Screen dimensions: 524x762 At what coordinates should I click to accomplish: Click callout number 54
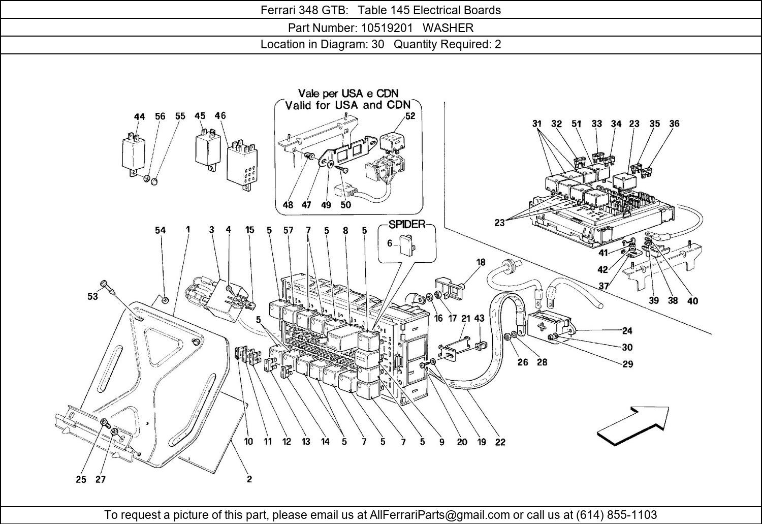coord(160,230)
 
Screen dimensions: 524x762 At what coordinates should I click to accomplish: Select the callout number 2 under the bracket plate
coord(249,479)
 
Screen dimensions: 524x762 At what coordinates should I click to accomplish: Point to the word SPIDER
coord(407,225)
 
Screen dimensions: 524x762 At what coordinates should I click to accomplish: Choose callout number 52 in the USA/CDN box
coord(410,116)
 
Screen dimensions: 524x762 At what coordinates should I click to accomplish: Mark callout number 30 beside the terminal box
coord(627,347)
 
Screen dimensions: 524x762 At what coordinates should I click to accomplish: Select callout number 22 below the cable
coord(500,442)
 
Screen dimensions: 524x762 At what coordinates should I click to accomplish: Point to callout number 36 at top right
coord(674,124)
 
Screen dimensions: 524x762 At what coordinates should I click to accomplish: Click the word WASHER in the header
coord(448,27)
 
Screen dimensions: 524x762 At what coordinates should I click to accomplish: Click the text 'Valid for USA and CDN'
coord(347,105)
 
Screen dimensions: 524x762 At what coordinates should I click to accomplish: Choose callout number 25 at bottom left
coord(81,479)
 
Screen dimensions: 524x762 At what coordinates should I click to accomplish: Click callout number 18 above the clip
coord(481,262)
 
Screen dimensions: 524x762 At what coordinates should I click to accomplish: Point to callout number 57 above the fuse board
coord(288,230)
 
